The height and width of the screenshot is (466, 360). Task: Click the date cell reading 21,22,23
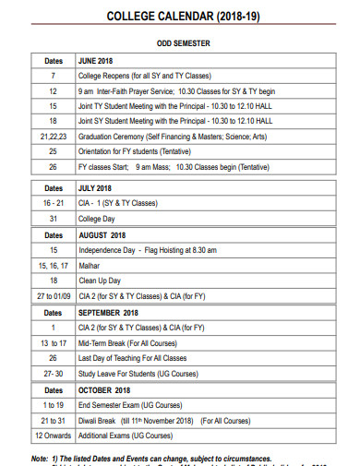[x=54, y=136]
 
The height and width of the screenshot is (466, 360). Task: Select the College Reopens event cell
[x=143, y=76]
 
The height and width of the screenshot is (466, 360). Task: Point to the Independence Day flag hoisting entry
[x=148, y=250]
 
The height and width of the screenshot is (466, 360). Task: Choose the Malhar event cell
[x=90, y=265]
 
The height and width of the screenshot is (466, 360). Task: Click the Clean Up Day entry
[x=100, y=281]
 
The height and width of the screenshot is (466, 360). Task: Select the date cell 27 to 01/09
[x=54, y=296]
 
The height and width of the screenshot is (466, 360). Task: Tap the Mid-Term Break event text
[x=138, y=343]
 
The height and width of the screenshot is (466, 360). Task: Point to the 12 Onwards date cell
[x=54, y=435]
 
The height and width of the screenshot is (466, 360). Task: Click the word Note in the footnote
[x=39, y=459]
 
